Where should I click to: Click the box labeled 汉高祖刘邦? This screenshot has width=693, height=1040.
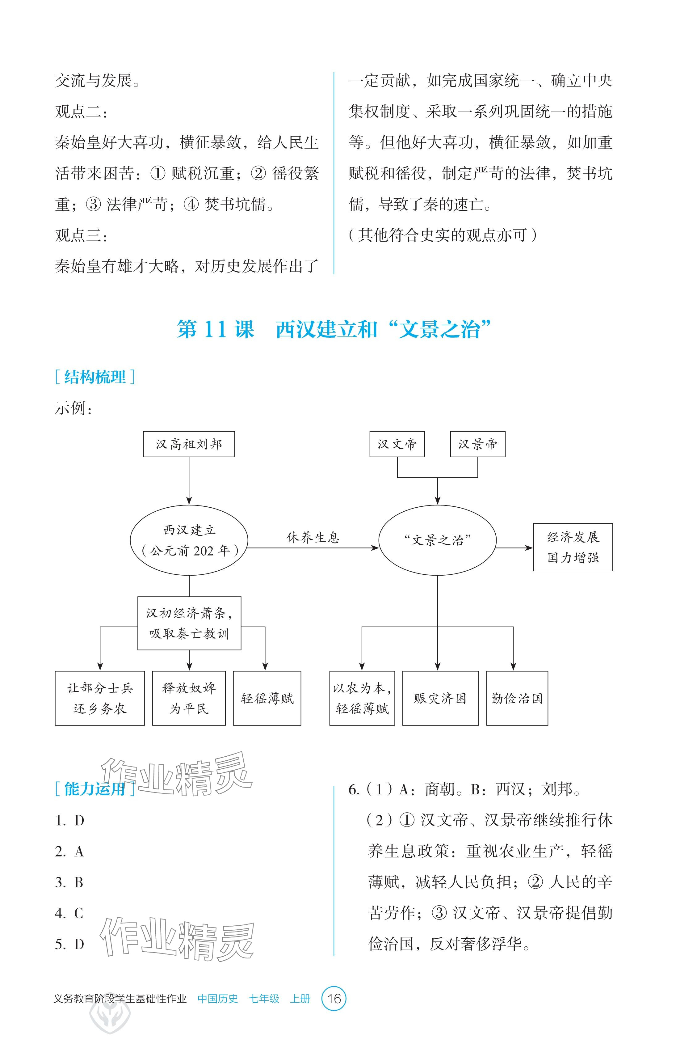point(189,444)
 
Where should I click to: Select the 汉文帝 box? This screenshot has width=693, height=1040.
point(397,444)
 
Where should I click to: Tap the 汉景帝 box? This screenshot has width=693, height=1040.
point(477,444)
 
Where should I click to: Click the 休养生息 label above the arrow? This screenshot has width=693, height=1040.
point(313,537)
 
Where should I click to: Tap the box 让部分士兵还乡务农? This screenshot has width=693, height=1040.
point(100,698)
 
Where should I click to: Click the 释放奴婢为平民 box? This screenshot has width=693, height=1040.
point(189,698)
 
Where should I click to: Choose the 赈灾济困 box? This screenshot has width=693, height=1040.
point(440,698)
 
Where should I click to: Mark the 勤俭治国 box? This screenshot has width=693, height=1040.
point(517,698)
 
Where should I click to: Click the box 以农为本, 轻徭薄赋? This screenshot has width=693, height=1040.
point(362,698)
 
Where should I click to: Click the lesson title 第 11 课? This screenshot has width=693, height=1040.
point(216,329)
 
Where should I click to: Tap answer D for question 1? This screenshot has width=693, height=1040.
point(79,821)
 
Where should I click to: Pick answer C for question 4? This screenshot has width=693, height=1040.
point(79,913)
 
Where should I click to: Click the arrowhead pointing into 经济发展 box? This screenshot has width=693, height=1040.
point(529,548)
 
